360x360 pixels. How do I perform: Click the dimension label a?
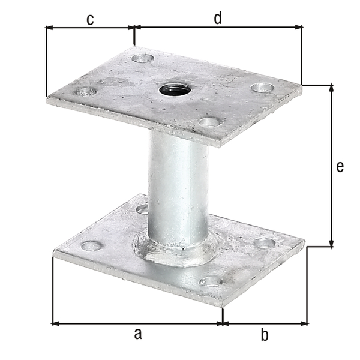(x=137, y=334)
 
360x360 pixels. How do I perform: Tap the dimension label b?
(x=265, y=335)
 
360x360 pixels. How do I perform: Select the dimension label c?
(x=89, y=20)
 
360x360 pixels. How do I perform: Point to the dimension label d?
(x=218, y=19)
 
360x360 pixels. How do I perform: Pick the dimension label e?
(x=340, y=167)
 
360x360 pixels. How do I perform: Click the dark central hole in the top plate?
(x=175, y=91)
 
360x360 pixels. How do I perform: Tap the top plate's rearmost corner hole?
(x=143, y=58)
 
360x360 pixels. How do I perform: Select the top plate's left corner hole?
(x=85, y=92)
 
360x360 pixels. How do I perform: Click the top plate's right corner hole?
(x=262, y=88)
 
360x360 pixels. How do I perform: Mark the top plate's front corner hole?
(x=209, y=122)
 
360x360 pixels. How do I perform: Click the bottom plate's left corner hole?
(x=91, y=245)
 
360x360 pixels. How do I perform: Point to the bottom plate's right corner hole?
(x=264, y=243)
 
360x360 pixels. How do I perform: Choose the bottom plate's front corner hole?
(x=211, y=280)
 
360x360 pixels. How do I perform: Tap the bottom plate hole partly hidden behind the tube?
(x=143, y=209)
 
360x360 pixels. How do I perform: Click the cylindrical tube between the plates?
(x=178, y=186)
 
